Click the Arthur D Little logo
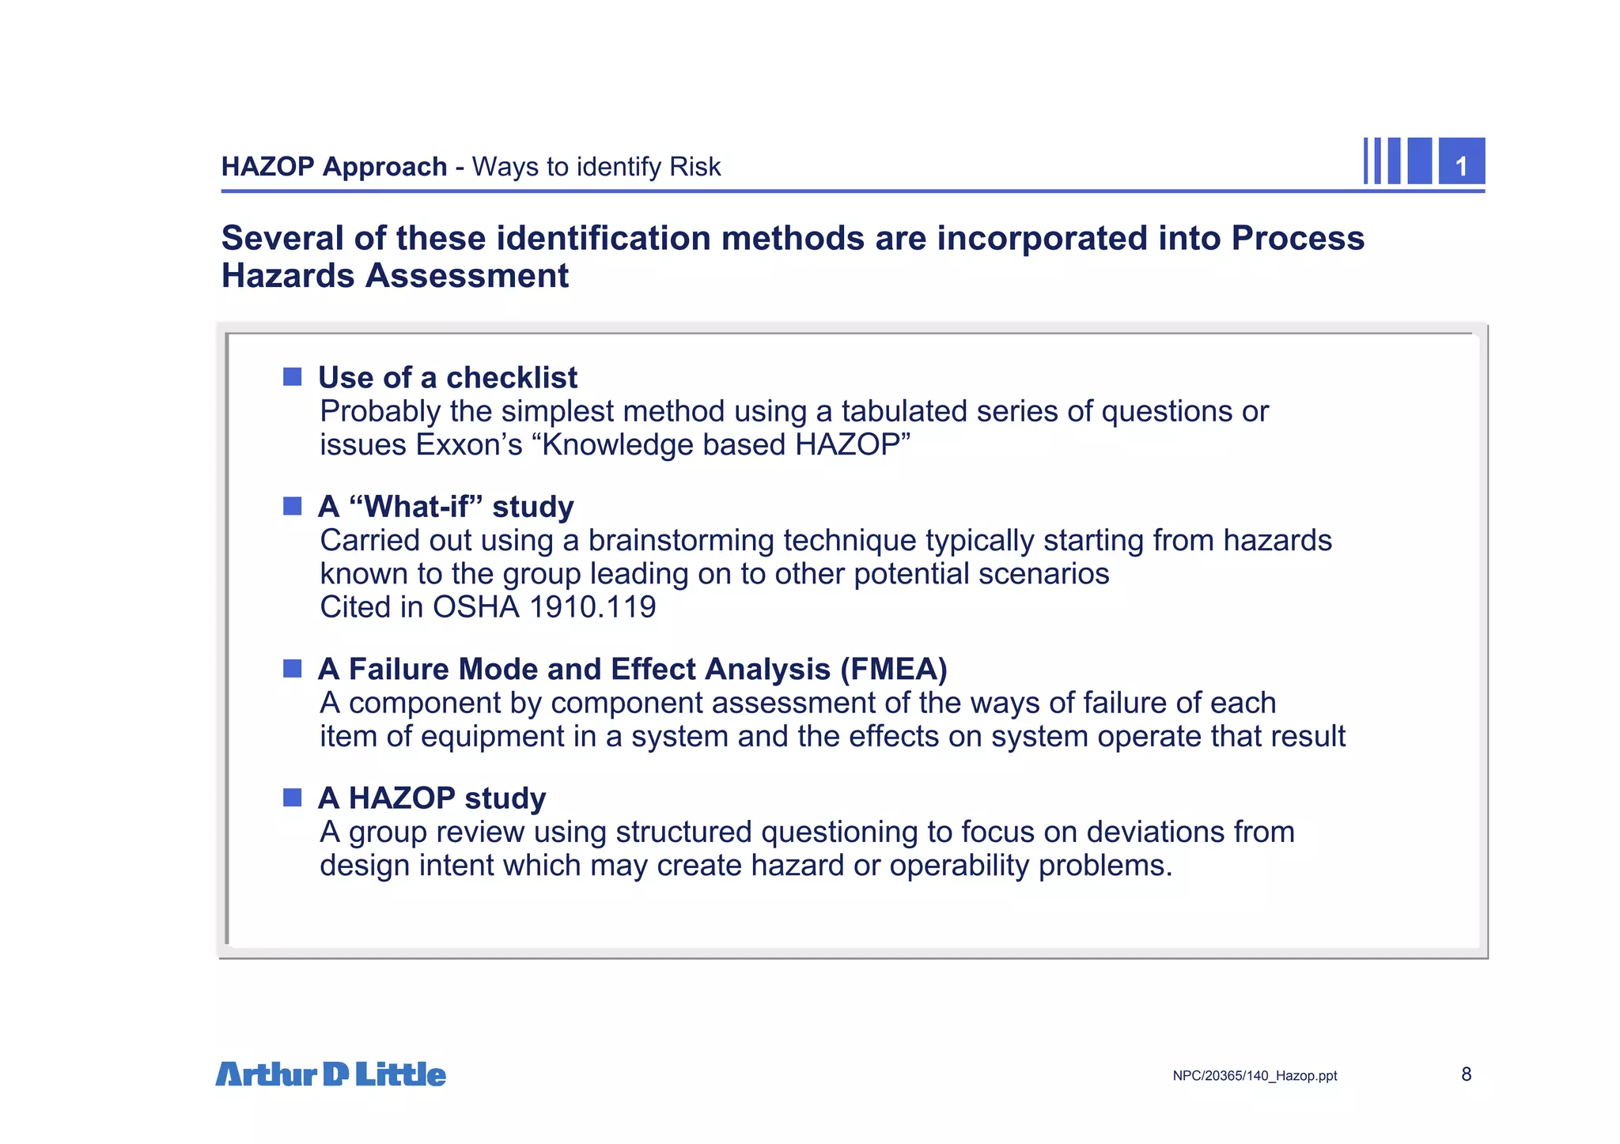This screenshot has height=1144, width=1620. [331, 1074]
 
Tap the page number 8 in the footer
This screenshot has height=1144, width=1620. [1466, 1074]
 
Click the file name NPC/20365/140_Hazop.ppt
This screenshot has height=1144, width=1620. [1255, 1076]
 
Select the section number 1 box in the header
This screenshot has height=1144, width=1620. [1461, 162]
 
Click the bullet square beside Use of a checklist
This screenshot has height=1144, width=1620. [293, 377]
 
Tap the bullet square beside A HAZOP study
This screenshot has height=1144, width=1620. [293, 797]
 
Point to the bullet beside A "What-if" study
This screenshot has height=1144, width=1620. [293, 506]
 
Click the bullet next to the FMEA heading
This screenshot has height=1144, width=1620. [293, 669]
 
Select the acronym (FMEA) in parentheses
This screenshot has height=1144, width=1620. [893, 670]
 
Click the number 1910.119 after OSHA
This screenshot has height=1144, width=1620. [592, 607]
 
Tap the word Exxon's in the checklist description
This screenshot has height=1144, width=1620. [469, 445]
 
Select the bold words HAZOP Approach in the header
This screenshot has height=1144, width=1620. [334, 167]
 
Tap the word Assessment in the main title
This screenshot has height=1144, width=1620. [467, 276]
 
